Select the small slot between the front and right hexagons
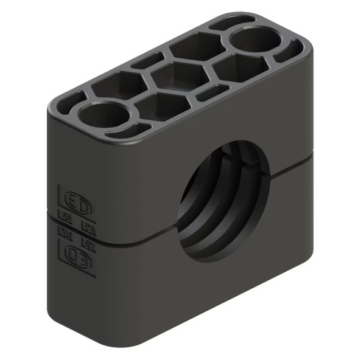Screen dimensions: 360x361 click(209, 92)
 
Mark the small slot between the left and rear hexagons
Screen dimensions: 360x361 click(147, 61)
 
